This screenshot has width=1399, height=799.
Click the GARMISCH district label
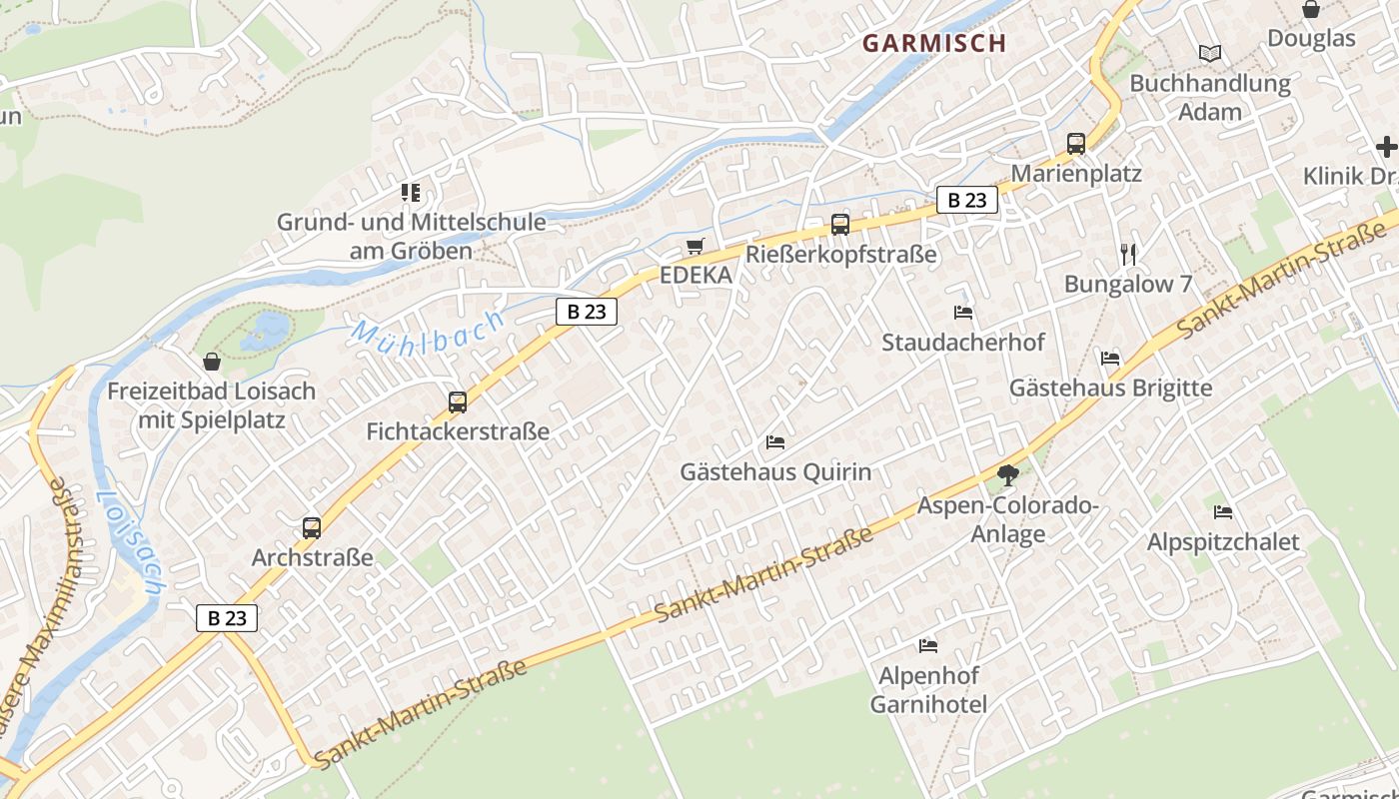pos(933,43)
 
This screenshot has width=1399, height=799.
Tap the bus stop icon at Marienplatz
pos(1076,143)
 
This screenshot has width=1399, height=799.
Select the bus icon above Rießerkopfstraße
pos(840,224)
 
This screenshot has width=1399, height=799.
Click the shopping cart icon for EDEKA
pos(696,246)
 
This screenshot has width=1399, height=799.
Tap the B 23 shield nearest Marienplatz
pos(966,200)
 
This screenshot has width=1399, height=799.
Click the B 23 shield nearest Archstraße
pos(227,618)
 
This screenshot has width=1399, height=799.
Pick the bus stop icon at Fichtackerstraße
pos(458,401)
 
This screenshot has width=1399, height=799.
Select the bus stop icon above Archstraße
pos(312,527)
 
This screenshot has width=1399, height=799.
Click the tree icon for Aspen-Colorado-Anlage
pos(1007,475)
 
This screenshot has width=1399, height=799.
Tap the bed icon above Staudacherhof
pos(963,313)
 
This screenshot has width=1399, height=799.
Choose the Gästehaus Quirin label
pos(775,471)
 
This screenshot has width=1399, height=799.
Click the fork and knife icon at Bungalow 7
pos(1128,254)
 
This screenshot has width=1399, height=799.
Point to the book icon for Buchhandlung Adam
pos(1210,53)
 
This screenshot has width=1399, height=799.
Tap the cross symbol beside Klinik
pos(1386,147)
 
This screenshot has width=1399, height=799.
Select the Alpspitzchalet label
pos(1222,542)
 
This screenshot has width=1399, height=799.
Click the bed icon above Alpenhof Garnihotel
pos(928,645)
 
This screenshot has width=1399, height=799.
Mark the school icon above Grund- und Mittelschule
pos(411,192)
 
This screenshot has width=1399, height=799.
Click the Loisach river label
pos(130,544)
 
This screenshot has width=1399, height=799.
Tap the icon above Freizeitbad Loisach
pos(211,362)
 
